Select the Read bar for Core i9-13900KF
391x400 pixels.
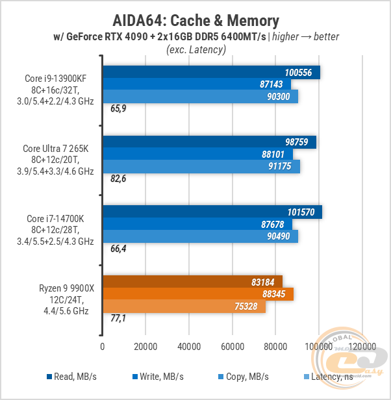(211, 72)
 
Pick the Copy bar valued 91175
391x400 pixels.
(201, 166)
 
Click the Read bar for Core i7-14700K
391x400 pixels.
(212, 212)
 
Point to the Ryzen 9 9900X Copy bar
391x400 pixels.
(184, 306)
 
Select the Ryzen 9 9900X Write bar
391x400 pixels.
(197, 294)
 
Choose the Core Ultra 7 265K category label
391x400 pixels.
(59, 160)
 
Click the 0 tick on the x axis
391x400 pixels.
(103, 347)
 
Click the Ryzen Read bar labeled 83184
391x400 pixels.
(192, 282)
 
